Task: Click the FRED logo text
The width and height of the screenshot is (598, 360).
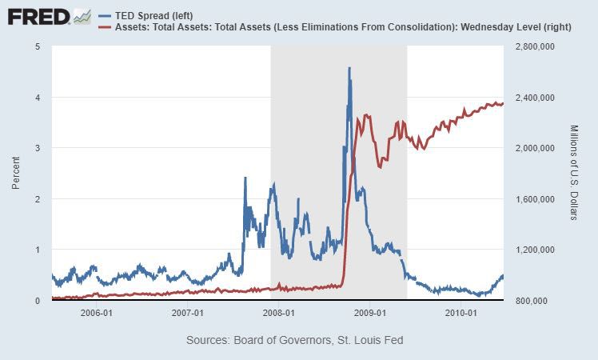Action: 36,15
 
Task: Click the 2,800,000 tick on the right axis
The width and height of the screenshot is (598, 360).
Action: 532,46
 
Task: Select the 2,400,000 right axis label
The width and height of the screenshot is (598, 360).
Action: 532,98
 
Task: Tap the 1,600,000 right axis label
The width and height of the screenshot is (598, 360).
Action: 532,199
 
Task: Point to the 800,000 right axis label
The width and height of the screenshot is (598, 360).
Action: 528,301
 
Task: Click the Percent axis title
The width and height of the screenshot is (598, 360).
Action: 16,173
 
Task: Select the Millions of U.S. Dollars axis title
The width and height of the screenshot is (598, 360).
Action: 573,173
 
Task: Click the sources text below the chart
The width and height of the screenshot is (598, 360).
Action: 294,341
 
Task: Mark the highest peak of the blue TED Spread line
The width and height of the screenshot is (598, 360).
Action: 349,69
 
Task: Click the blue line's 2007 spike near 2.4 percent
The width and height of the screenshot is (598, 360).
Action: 245,178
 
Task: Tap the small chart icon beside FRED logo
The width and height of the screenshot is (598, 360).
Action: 82,15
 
